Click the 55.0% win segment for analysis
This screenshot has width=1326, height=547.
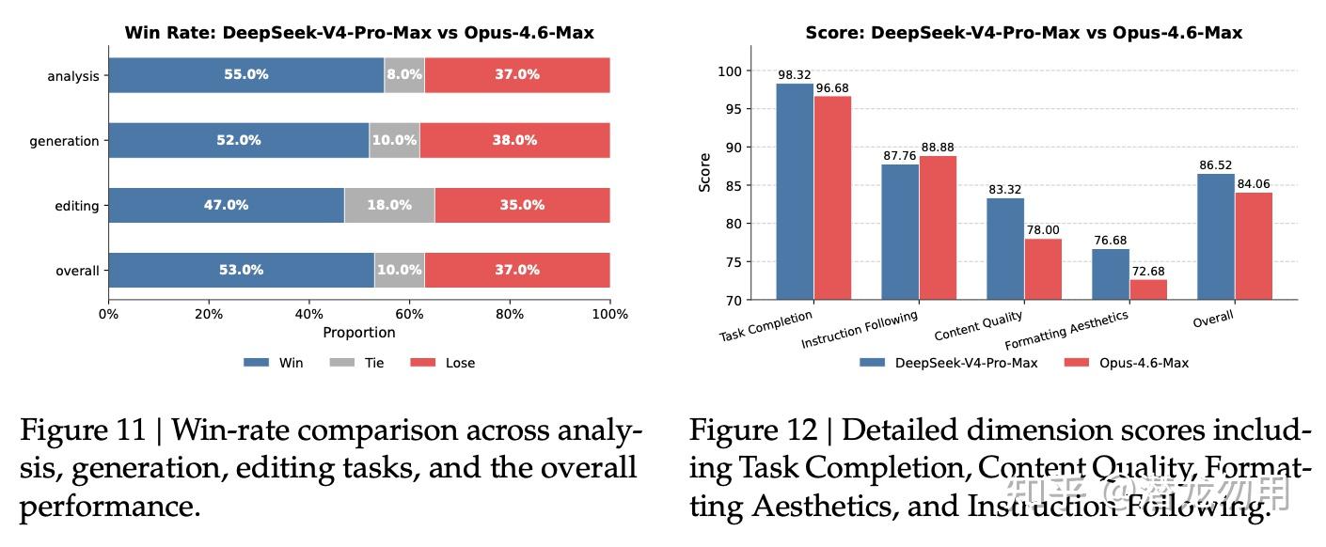tap(245, 75)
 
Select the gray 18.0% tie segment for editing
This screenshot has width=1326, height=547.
tap(388, 205)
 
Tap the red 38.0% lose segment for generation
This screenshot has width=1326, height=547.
tap(514, 140)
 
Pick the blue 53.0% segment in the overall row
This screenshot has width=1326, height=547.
tap(241, 270)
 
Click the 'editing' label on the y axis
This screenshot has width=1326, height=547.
tap(76, 206)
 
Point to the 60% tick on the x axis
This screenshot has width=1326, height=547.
tap(409, 314)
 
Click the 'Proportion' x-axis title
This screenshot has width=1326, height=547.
tap(358, 333)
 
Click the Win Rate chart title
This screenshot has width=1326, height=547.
tap(358, 33)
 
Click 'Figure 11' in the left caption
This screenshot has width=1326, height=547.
tap(82, 430)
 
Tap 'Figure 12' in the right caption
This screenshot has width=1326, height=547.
tap(752, 430)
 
